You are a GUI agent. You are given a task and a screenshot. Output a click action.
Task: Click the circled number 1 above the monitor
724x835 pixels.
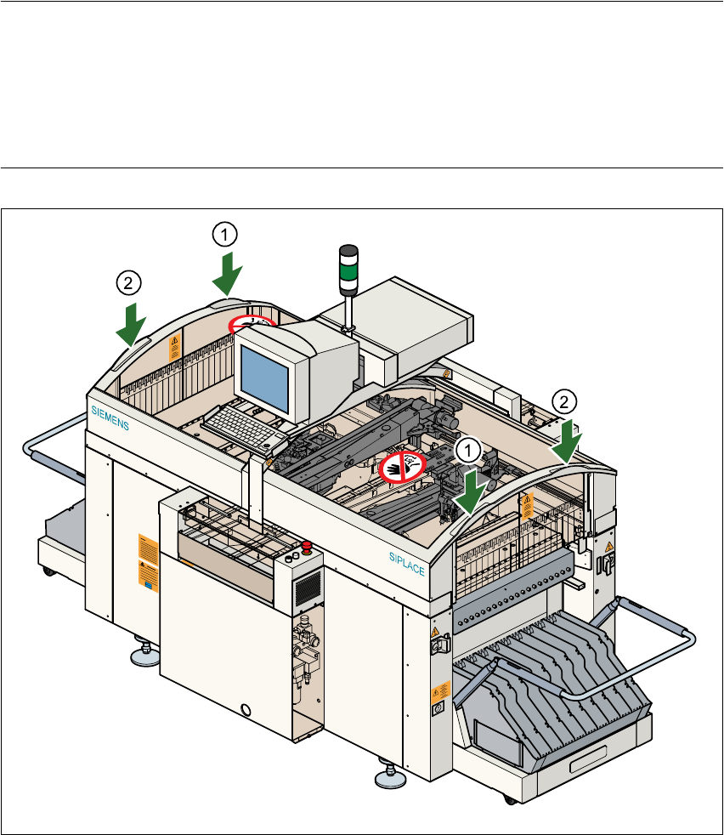tap(223, 232)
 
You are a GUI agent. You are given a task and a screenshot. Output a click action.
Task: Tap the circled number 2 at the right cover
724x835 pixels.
tap(563, 400)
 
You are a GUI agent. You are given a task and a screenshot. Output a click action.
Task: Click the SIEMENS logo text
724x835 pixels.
tap(110, 418)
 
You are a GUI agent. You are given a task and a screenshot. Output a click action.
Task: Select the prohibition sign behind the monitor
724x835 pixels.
tap(252, 323)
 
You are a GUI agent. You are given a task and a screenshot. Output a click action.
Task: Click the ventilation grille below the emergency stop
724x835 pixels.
tap(308, 587)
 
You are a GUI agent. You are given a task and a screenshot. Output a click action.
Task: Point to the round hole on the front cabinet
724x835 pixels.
tap(247, 708)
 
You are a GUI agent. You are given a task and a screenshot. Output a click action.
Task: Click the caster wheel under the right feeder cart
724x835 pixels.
tap(508, 799)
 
